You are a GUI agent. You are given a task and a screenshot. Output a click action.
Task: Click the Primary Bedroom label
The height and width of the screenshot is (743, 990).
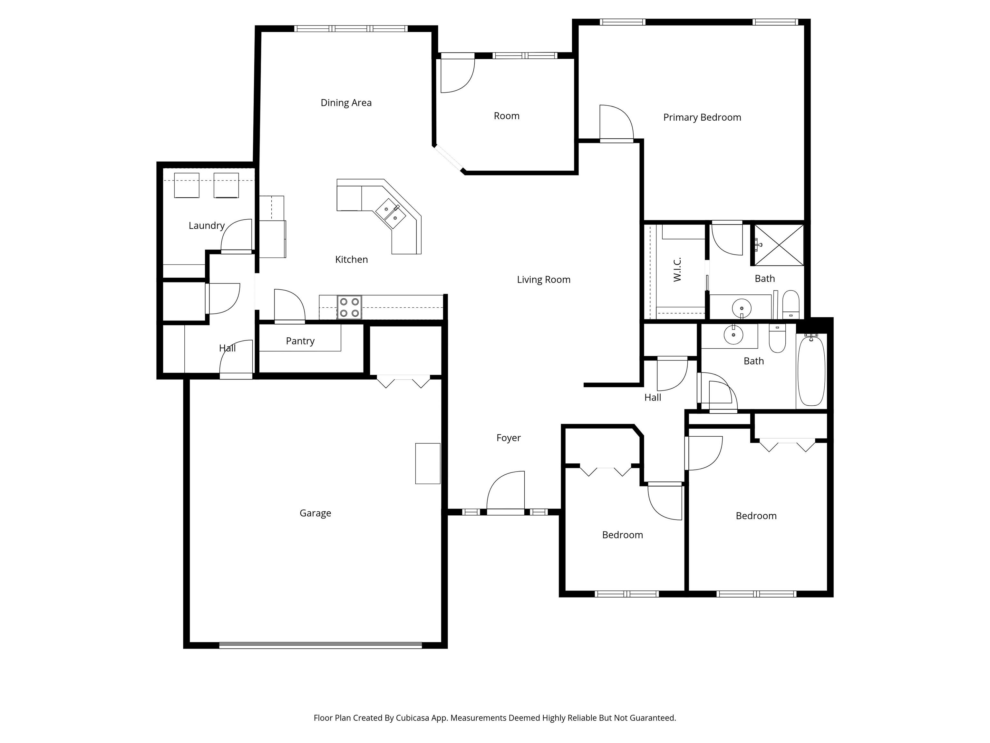[702, 117]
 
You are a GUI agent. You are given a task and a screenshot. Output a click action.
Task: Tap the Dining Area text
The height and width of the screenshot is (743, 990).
[346, 103]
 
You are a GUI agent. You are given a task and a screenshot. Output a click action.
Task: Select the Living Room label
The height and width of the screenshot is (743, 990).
[543, 280]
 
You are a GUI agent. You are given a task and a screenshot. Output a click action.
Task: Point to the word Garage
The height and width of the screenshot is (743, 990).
[315, 513]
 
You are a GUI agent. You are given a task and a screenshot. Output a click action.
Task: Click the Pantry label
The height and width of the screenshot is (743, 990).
[300, 341]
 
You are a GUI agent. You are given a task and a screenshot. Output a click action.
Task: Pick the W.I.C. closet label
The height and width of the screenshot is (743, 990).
[677, 270]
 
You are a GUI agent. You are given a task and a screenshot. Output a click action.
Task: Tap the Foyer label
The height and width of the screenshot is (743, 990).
[509, 438]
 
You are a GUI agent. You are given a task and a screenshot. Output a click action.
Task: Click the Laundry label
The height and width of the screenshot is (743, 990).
[206, 226]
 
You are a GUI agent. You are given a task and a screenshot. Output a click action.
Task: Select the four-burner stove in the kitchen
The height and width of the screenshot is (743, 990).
[349, 307]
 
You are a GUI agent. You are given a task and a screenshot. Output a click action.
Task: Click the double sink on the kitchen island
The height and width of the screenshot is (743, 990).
[390, 213]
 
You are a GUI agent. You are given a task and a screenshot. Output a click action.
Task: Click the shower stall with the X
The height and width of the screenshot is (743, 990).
[779, 245]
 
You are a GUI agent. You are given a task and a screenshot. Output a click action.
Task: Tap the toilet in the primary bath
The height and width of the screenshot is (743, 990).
[791, 304]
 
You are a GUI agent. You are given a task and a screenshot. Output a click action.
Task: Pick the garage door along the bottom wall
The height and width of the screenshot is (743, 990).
[320, 645]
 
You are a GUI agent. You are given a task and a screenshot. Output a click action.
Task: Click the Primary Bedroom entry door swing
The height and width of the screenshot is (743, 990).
[616, 123]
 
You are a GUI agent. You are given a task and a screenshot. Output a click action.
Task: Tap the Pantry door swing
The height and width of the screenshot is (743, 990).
[289, 305]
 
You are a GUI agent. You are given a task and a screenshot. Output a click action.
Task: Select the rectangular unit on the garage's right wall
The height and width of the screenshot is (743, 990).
[428, 463]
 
